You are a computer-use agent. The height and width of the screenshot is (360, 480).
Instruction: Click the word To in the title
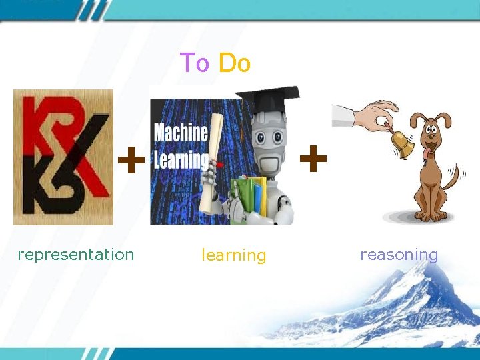click(195, 63)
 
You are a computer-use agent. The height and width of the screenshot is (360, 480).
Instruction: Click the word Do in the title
click(234, 63)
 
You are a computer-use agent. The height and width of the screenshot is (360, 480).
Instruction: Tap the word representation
click(76, 254)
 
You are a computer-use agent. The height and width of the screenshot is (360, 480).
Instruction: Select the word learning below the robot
click(233, 255)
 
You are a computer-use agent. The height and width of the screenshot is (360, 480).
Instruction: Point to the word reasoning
click(399, 254)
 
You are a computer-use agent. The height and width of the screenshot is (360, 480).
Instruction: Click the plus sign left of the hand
click(313, 159)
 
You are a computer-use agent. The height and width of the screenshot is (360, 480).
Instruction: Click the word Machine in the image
click(181, 133)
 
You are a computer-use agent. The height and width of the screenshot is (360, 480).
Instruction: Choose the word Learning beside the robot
click(180, 160)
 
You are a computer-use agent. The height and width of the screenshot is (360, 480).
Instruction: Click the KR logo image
click(63, 157)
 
